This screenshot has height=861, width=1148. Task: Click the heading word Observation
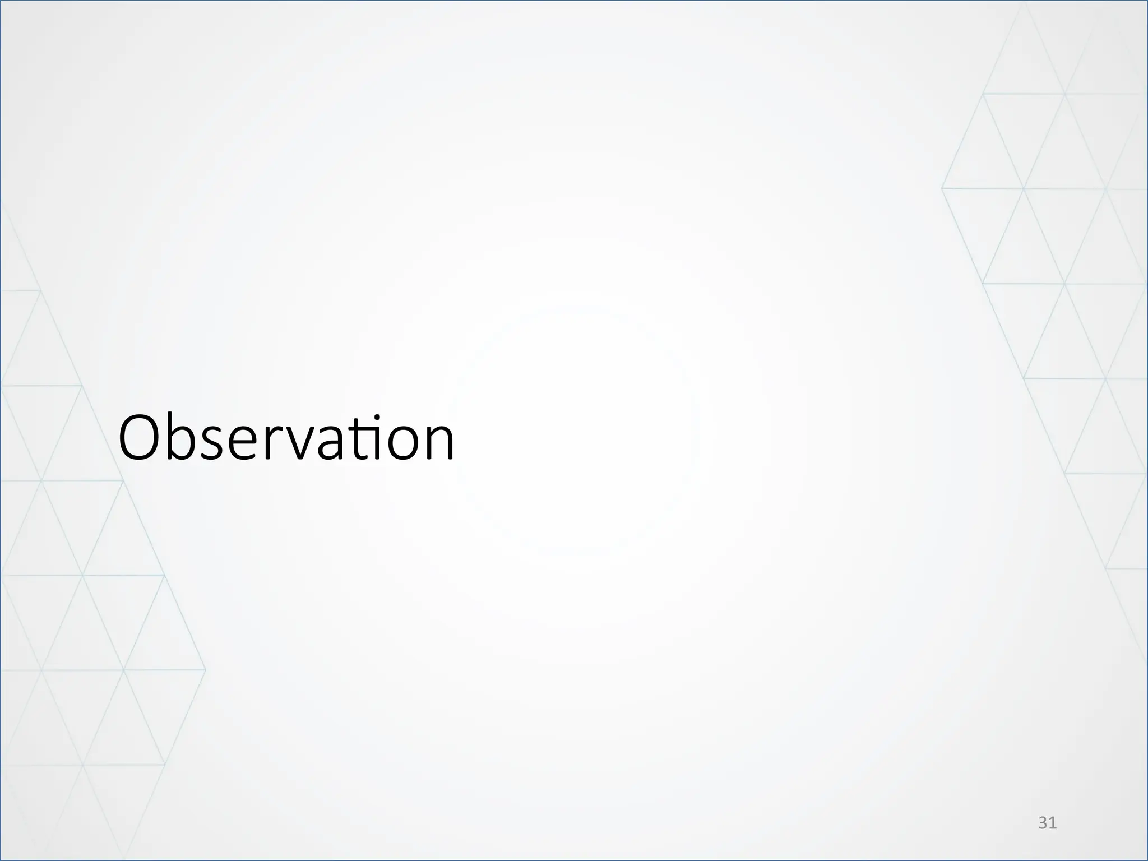(x=286, y=438)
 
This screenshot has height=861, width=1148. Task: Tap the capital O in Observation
(x=140, y=438)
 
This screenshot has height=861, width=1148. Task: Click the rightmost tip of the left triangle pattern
(x=206, y=669)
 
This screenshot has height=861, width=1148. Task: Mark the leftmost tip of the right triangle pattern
(x=942, y=188)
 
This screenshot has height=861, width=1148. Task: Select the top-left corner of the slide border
(x=1, y=1)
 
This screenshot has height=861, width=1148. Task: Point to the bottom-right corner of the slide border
(x=1147, y=860)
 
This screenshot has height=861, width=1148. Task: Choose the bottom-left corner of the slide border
(x=1, y=860)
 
